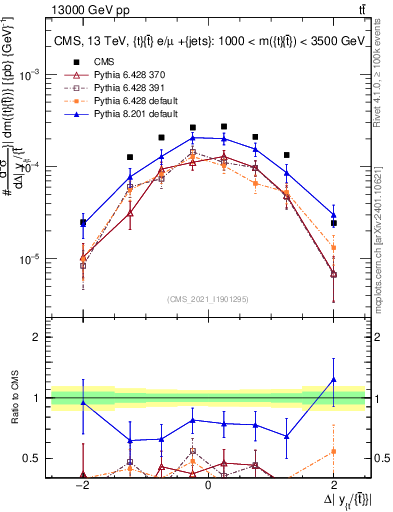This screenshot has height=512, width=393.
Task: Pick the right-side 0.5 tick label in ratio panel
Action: (380, 459)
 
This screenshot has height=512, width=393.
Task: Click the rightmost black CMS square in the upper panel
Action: (333, 223)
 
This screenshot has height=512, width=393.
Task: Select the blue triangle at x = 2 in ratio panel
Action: (333, 380)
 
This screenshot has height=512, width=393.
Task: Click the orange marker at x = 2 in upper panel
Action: (333, 247)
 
